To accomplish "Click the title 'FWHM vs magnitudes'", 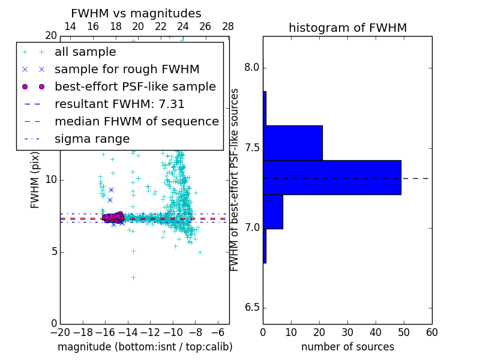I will [x=136, y=13].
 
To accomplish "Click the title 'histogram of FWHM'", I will [x=347, y=28].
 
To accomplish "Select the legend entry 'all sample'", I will [x=85, y=52].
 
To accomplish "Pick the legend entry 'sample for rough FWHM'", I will [x=127, y=69].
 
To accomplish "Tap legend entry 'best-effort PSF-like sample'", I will [x=135, y=86].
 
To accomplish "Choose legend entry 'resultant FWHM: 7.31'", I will [x=119, y=104].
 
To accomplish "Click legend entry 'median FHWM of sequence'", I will [x=136, y=121].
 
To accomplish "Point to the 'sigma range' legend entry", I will [x=92, y=139].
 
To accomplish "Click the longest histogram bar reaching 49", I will [x=332, y=178].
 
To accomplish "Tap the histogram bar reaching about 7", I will [x=273, y=211].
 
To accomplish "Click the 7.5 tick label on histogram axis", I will [x=251, y=148].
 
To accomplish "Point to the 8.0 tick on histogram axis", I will [x=251, y=68].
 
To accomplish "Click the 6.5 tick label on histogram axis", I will [x=251, y=308].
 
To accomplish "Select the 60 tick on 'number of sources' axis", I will [x=431, y=332].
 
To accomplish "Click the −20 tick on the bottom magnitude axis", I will [x=60, y=332].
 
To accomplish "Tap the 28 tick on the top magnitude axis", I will [x=228, y=26].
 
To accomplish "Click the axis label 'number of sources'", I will [x=347, y=347].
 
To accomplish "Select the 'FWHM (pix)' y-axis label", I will [x=35, y=179].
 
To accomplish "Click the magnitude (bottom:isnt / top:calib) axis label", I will [x=145, y=347].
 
